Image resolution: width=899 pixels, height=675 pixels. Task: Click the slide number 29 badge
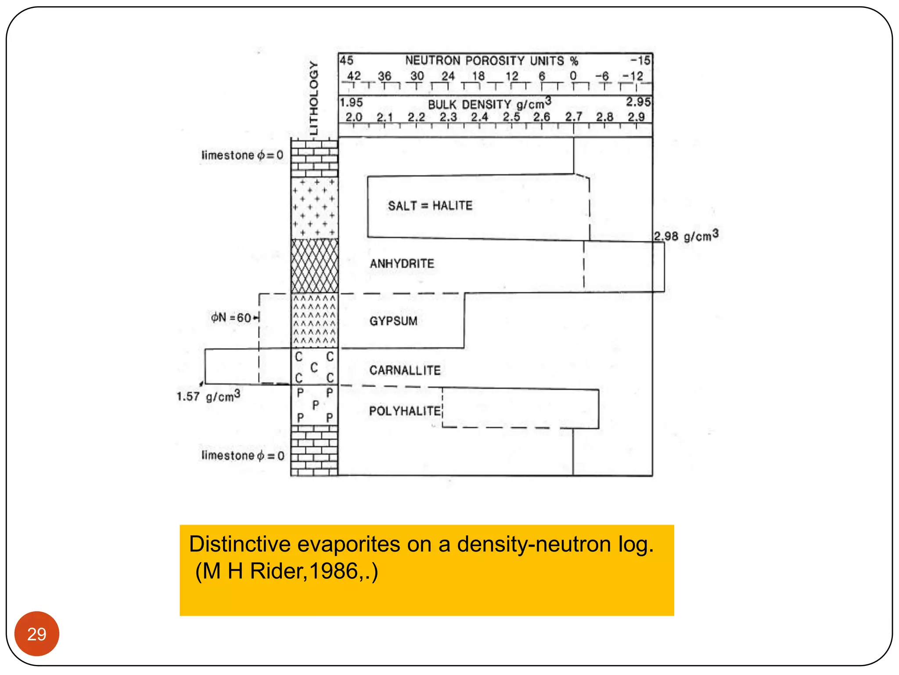(37, 634)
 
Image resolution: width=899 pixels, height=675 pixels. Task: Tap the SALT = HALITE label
(430, 206)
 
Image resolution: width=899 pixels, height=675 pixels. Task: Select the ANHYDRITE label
(402, 264)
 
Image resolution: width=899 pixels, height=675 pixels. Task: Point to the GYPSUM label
(393, 321)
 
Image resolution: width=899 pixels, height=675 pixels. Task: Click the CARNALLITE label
(405, 370)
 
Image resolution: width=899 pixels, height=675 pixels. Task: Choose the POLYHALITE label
(405, 411)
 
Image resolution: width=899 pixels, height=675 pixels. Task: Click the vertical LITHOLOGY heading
(313, 98)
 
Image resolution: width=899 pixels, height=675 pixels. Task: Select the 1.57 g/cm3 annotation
(209, 396)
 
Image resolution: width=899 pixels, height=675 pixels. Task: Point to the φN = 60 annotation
(234, 317)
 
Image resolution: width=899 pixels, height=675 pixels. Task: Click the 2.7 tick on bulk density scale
(573, 117)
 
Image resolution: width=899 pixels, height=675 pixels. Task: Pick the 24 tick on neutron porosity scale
(448, 76)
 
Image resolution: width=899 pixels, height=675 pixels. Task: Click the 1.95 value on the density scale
(351, 102)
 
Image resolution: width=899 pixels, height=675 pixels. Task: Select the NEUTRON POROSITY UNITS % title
(492, 61)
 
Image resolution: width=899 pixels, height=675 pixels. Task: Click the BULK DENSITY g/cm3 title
(489, 104)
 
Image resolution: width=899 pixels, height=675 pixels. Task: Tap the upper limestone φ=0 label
(242, 155)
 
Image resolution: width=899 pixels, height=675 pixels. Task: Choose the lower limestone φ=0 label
(243, 455)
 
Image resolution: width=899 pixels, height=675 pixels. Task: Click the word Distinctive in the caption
(240, 544)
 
